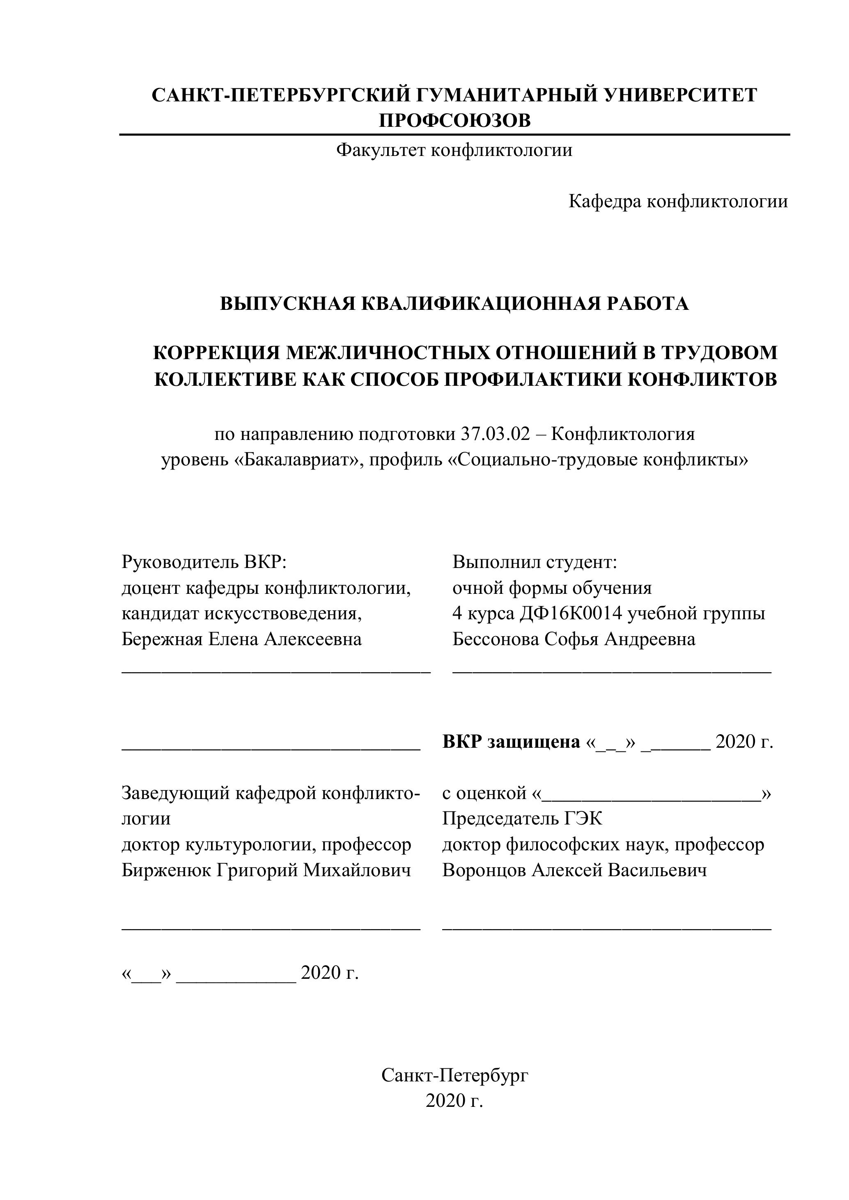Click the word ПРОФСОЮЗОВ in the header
click(454, 121)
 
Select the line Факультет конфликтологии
click(454, 151)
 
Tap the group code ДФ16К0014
click(571, 613)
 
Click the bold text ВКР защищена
click(511, 742)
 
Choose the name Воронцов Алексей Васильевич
click(574, 870)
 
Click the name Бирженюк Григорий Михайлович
click(266, 870)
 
